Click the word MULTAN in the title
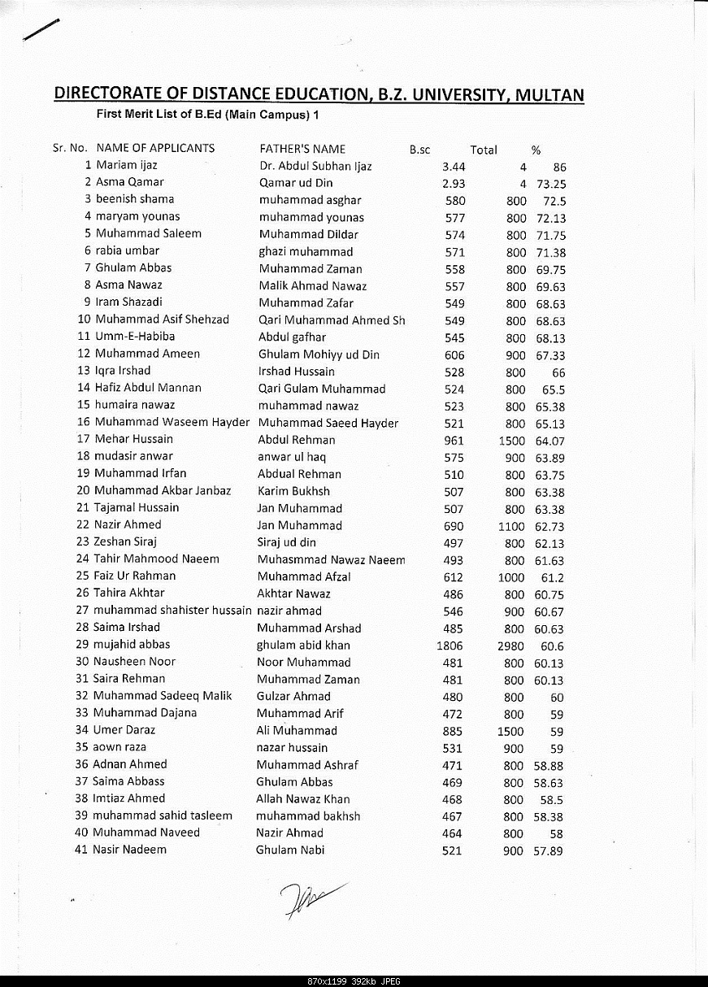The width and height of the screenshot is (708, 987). (547, 95)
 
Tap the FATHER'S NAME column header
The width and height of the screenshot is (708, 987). (302, 149)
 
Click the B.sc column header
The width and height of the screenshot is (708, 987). (419, 150)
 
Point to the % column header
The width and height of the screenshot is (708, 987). (536, 150)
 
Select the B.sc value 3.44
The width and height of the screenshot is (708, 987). (453, 167)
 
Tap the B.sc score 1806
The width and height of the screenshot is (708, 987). (450, 646)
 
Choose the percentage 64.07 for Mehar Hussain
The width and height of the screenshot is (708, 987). (549, 441)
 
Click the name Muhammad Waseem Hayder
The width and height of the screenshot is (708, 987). (172, 422)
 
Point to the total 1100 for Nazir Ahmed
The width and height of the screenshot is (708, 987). (511, 527)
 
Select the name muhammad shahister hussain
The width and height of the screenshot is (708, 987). (172, 610)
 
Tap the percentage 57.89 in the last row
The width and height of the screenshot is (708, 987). (549, 851)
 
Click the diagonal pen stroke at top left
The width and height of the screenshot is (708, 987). (41, 29)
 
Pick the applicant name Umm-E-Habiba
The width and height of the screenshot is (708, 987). (134, 336)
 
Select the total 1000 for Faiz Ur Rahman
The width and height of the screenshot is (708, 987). (511, 577)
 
